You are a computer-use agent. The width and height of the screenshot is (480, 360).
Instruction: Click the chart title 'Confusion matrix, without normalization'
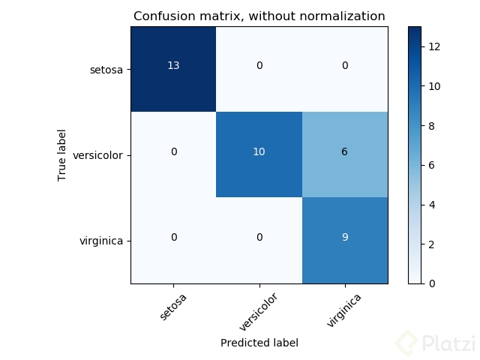(x=259, y=16)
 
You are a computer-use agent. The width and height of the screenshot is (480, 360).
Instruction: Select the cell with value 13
(x=173, y=67)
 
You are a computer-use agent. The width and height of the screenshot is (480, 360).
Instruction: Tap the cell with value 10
(x=259, y=152)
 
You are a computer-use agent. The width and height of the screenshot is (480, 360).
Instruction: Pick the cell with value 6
(x=345, y=152)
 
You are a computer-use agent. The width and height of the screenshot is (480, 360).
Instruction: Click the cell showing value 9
(x=345, y=238)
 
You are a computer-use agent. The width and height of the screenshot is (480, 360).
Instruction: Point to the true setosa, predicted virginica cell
(x=345, y=67)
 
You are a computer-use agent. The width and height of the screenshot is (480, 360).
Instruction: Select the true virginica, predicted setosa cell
(x=173, y=238)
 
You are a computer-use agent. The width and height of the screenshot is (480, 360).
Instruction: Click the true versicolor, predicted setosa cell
(x=173, y=152)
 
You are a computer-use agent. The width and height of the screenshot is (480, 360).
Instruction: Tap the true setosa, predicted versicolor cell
(x=259, y=67)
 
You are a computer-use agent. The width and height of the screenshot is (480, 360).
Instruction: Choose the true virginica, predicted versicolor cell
(x=259, y=238)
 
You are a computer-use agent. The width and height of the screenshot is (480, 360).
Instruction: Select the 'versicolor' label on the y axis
(x=97, y=156)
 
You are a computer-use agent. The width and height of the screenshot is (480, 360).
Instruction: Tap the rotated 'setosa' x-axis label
(x=173, y=305)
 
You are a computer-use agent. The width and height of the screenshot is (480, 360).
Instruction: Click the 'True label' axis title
(x=62, y=155)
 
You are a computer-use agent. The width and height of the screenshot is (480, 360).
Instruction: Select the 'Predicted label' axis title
(x=259, y=343)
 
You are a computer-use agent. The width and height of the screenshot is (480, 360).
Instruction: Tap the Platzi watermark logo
(x=435, y=343)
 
